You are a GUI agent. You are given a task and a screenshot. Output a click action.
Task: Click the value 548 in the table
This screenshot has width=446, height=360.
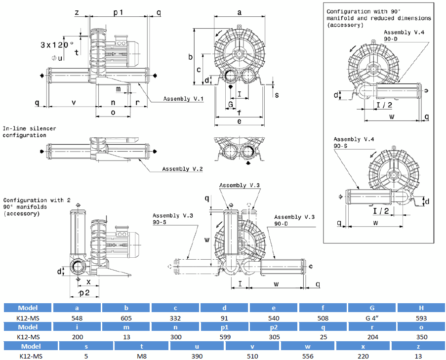coord(78,318)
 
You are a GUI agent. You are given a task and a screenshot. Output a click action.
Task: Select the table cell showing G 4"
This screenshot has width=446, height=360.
coord(372,318)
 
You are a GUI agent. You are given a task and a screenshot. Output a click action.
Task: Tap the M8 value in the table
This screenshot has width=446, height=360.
coord(142,356)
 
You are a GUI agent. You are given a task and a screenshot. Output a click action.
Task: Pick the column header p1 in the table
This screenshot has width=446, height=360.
coord(225,327)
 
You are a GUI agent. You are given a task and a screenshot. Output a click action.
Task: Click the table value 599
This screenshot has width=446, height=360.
coord(225,337)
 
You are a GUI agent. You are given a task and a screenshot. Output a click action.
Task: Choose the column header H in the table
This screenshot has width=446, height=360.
coord(421,308)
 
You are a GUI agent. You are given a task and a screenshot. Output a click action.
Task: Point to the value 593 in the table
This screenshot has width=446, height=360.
coord(421,318)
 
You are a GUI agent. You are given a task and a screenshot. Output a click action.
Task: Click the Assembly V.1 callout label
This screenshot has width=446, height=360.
coord(184,99)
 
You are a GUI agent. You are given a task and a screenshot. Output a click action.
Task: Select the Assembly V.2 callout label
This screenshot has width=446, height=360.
coord(183,169)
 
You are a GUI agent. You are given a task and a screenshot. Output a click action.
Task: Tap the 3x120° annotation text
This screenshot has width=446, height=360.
coord(60,44)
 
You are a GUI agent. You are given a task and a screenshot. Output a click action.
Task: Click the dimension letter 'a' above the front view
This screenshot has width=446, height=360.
coord(239,11)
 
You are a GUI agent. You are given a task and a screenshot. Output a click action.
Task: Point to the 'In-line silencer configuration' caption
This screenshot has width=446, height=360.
coord(29,132)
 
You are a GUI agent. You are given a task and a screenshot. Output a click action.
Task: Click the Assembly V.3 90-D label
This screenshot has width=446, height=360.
coord(294,220)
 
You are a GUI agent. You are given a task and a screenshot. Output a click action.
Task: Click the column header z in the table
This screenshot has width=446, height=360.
coord(418,346)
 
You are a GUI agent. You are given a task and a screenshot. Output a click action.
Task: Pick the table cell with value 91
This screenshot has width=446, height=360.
coord(225,318)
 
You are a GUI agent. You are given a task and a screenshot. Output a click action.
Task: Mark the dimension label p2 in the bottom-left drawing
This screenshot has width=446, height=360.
coord(84,293)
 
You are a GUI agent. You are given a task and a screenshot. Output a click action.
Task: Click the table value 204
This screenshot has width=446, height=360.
coord(372,337)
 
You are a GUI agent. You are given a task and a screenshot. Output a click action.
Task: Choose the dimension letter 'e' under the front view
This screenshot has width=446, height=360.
coord(239,120)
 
